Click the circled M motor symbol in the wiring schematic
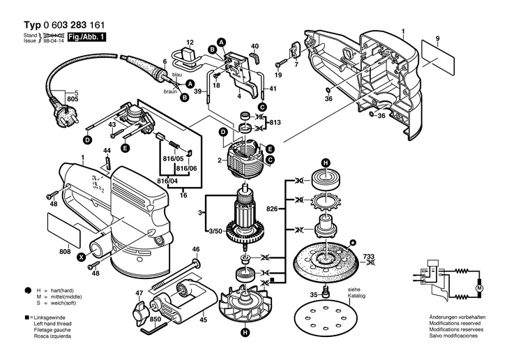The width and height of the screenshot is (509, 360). [478, 287]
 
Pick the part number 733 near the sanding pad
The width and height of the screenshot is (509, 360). [370, 257]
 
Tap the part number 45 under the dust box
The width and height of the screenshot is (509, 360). [204, 320]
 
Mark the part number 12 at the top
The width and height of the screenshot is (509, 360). [189, 42]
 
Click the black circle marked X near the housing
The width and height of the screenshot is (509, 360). [81, 257]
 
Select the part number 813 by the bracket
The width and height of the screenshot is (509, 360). [275, 122]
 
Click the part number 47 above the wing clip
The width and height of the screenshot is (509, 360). [139, 293]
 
